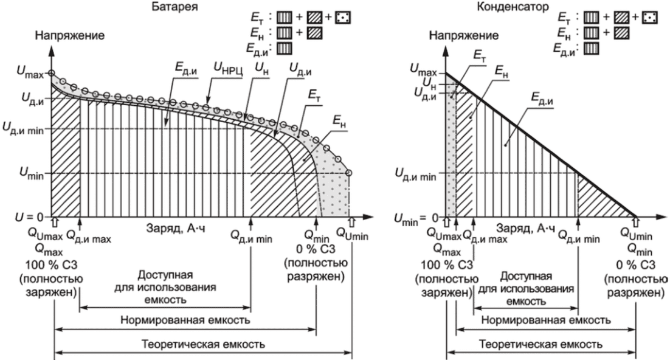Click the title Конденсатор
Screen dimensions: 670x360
click(x=513, y=7)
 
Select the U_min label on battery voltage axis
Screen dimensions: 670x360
click(x=32, y=173)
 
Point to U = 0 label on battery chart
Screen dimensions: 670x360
click(x=29, y=217)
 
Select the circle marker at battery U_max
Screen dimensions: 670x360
click(x=51, y=73)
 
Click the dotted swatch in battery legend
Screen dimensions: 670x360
click(x=343, y=18)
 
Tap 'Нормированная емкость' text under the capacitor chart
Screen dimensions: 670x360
click(x=545, y=320)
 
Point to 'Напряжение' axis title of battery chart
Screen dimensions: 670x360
click(x=70, y=35)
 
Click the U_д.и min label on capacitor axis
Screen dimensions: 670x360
click(x=416, y=173)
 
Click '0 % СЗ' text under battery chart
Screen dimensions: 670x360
click(x=316, y=249)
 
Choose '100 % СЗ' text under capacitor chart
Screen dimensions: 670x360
click(x=446, y=265)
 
